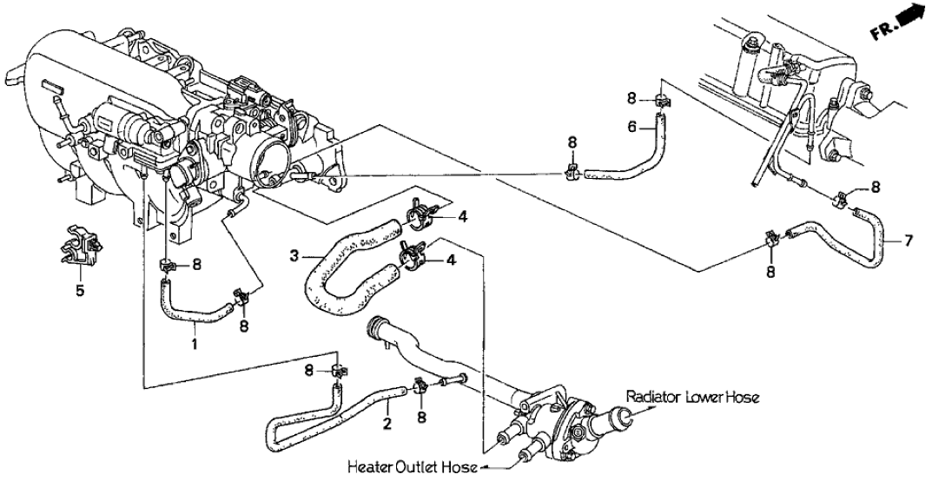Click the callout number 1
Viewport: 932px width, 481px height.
195,344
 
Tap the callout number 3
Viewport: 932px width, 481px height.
295,255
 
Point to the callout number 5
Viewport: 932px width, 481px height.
80,290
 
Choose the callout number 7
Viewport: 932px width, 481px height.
909,241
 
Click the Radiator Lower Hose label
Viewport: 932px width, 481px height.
693,398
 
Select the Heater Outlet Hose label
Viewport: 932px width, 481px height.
413,468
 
